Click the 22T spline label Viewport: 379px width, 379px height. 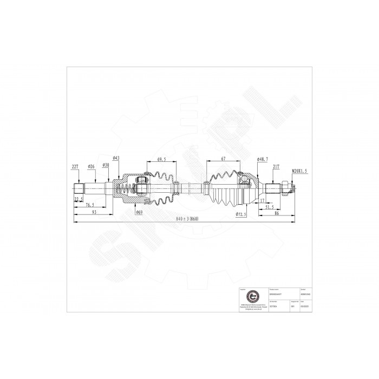75,167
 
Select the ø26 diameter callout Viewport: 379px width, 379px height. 92,167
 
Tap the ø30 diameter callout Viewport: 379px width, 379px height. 106,166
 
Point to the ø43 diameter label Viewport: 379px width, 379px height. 116,158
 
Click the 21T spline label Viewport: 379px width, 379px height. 276,167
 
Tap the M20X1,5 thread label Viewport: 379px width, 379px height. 298,171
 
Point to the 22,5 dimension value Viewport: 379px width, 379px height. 80,199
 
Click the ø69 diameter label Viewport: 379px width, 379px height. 139,212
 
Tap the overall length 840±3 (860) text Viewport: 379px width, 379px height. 187,219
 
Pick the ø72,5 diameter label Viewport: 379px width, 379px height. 241,214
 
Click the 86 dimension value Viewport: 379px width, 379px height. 277,213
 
